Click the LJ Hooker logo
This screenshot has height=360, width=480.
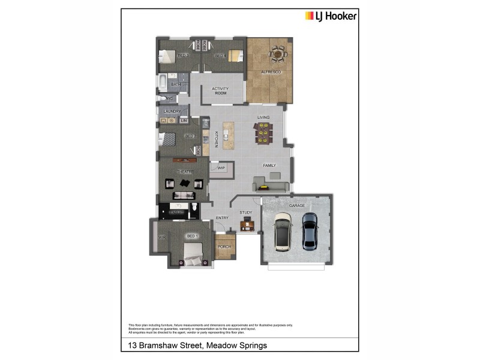click(x=331, y=16)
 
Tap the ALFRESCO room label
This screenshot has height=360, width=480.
click(x=271, y=73)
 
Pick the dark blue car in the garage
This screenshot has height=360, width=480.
click(x=309, y=231)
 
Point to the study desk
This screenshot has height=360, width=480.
click(x=247, y=226)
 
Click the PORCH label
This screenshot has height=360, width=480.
click(x=224, y=247)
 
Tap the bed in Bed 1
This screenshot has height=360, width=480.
click(x=193, y=259)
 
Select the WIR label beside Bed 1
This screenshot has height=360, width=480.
click(x=161, y=238)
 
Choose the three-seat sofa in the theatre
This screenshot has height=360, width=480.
click(x=184, y=195)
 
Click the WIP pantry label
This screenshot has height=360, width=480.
click(x=220, y=169)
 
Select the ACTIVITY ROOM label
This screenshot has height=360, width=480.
click(x=220, y=91)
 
